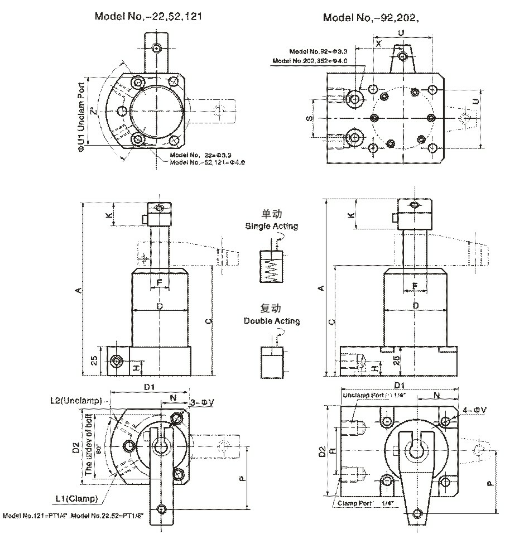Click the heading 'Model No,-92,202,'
click(x=371, y=17)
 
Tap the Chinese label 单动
click(x=271, y=214)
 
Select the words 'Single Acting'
click(x=271, y=226)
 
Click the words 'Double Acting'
click(x=271, y=321)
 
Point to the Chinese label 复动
click(x=271, y=309)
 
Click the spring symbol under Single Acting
click(x=271, y=268)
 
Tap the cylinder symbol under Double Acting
click(x=271, y=362)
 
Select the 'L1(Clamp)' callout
click(x=78, y=498)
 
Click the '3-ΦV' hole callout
click(x=200, y=401)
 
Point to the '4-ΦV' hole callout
click(x=475, y=410)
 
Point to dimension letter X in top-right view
click(x=378, y=43)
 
